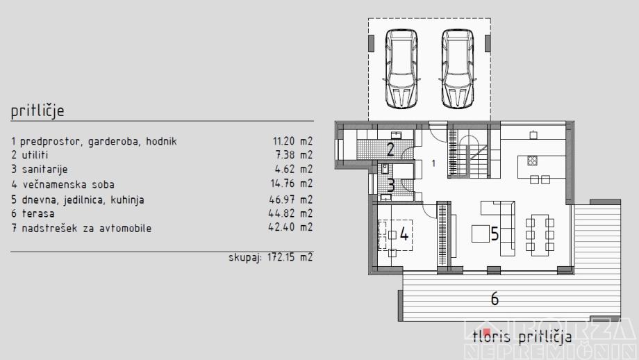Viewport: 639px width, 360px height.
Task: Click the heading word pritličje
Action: [38, 111]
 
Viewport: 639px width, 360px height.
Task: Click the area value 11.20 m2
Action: [292, 142]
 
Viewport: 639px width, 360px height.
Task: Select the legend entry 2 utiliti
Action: [30, 155]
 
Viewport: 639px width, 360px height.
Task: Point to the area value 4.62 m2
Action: [294, 169]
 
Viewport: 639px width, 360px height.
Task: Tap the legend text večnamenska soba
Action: [69, 185]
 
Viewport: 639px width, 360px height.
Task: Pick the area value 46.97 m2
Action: [291, 199]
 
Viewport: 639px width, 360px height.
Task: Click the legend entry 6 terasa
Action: [33, 213]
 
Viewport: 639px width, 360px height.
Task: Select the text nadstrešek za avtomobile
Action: [86, 229]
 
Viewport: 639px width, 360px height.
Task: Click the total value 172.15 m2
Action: [290, 257]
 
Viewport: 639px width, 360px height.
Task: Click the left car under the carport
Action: [401, 68]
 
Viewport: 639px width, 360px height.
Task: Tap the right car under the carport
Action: [458, 68]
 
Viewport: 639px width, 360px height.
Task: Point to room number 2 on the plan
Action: [390, 149]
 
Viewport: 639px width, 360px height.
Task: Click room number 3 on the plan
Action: [391, 186]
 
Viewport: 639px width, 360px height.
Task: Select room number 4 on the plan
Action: [404, 234]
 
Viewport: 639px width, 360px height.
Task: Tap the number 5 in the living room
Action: [495, 234]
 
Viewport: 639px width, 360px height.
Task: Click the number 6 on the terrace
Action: [495, 299]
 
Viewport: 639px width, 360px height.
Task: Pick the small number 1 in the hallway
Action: [433, 163]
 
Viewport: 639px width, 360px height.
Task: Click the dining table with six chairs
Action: [540, 235]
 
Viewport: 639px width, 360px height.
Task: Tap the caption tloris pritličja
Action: [522, 337]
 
